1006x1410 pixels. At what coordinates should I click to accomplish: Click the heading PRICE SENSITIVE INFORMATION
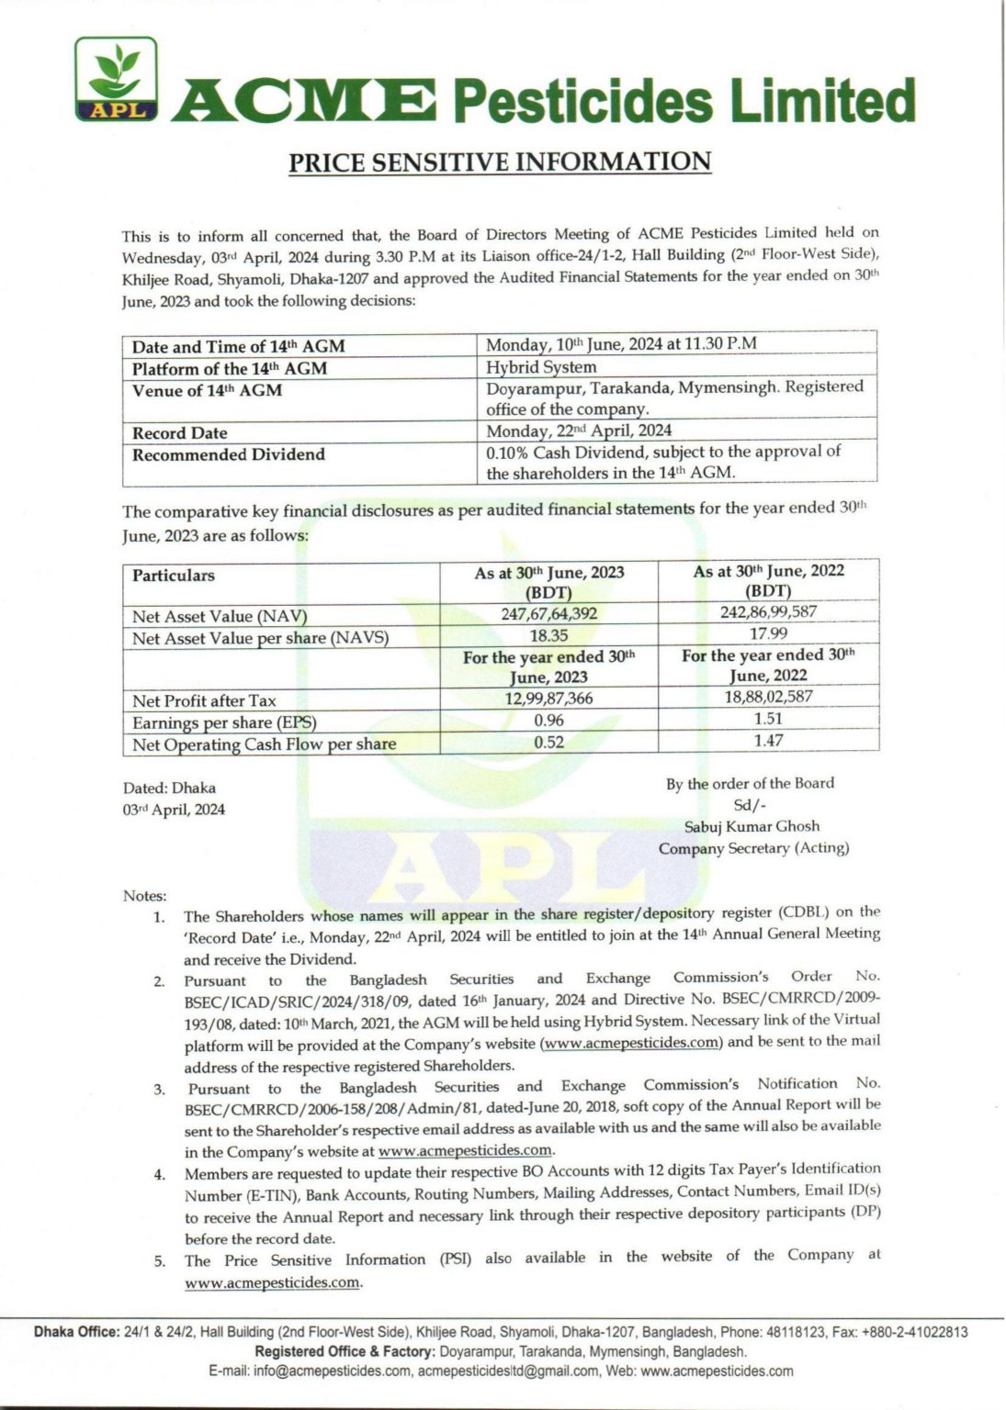point(501,162)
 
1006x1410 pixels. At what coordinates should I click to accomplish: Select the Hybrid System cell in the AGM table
point(541,367)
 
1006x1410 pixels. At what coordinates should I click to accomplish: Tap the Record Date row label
point(180,432)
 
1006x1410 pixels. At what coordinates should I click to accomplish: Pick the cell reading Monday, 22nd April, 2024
point(579,430)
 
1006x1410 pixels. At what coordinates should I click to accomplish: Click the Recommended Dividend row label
point(229,454)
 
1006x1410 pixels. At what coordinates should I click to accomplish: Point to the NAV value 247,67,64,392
point(548,614)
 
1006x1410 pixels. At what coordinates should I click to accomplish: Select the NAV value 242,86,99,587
point(768,611)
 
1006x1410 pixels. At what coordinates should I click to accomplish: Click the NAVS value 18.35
point(548,635)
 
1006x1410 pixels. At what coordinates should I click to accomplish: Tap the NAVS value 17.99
point(768,633)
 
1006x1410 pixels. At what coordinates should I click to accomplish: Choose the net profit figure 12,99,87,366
point(548,699)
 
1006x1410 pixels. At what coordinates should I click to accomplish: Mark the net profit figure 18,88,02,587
point(768,697)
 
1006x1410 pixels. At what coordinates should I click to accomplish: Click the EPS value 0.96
point(548,721)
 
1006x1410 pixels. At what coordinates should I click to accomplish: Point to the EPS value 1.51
point(768,719)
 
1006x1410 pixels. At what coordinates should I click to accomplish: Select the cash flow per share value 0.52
point(548,742)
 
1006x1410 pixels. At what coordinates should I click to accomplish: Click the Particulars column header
point(174,576)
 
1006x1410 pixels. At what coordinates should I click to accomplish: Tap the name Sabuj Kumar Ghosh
point(752,826)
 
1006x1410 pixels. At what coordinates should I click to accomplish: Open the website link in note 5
point(272,1282)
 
